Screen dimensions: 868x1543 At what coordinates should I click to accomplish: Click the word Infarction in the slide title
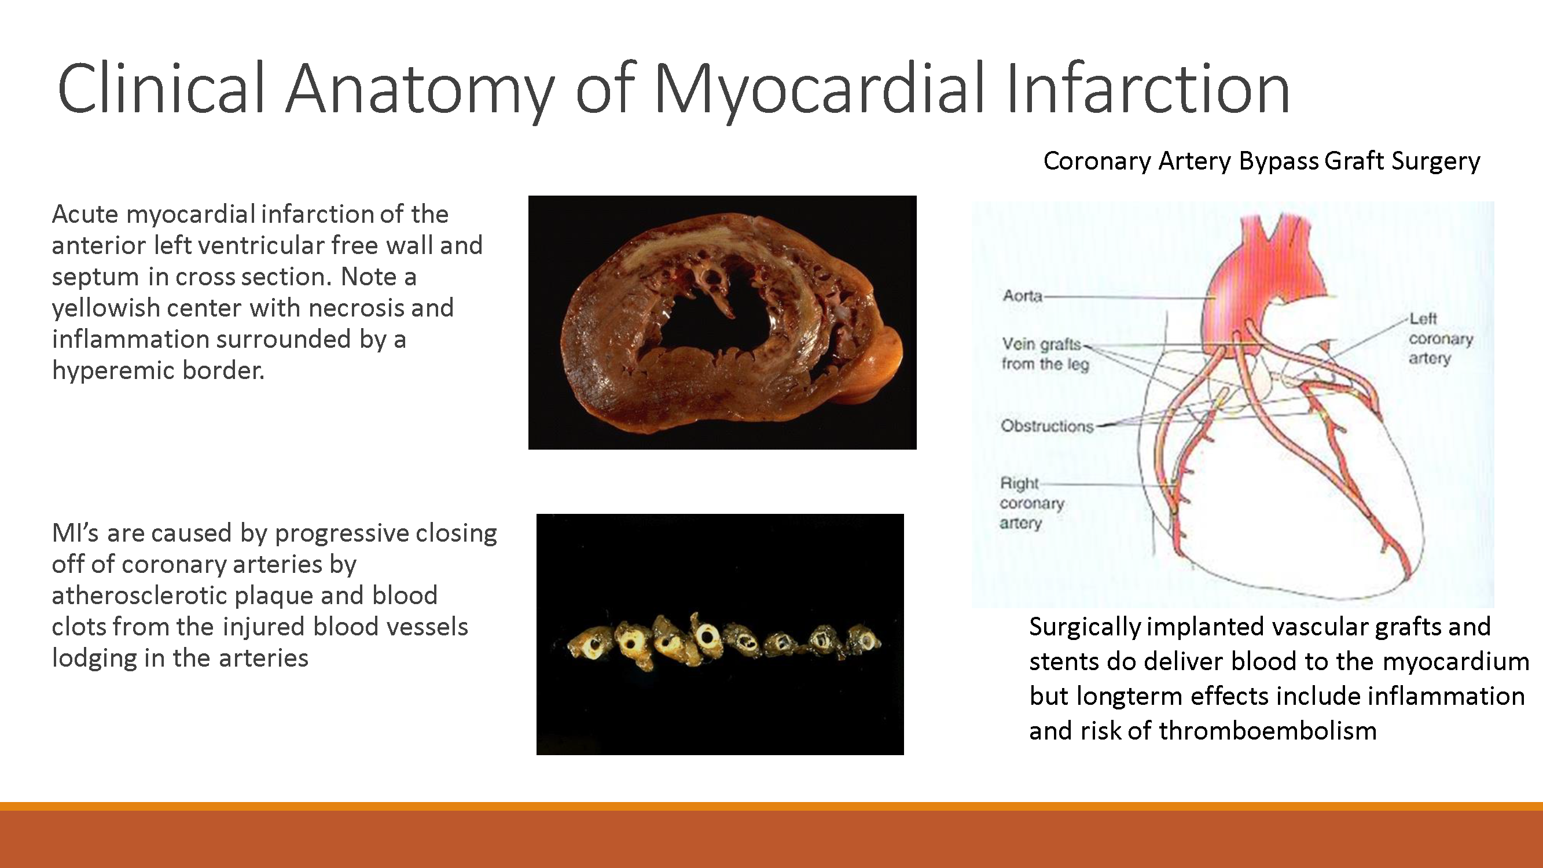(x=1148, y=90)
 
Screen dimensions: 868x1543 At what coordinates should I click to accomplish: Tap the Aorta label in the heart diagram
(x=1022, y=295)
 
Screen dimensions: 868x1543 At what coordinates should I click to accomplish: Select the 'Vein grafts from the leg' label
(x=1045, y=354)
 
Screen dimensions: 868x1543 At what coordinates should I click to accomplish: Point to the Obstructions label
(x=1046, y=426)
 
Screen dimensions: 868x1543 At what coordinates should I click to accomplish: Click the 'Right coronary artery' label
(x=1031, y=503)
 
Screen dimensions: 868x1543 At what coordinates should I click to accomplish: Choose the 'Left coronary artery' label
(x=1439, y=339)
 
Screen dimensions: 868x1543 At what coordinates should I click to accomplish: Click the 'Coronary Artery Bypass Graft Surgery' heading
(x=1262, y=160)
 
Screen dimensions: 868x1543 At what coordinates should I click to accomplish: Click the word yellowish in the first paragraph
(x=105, y=308)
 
